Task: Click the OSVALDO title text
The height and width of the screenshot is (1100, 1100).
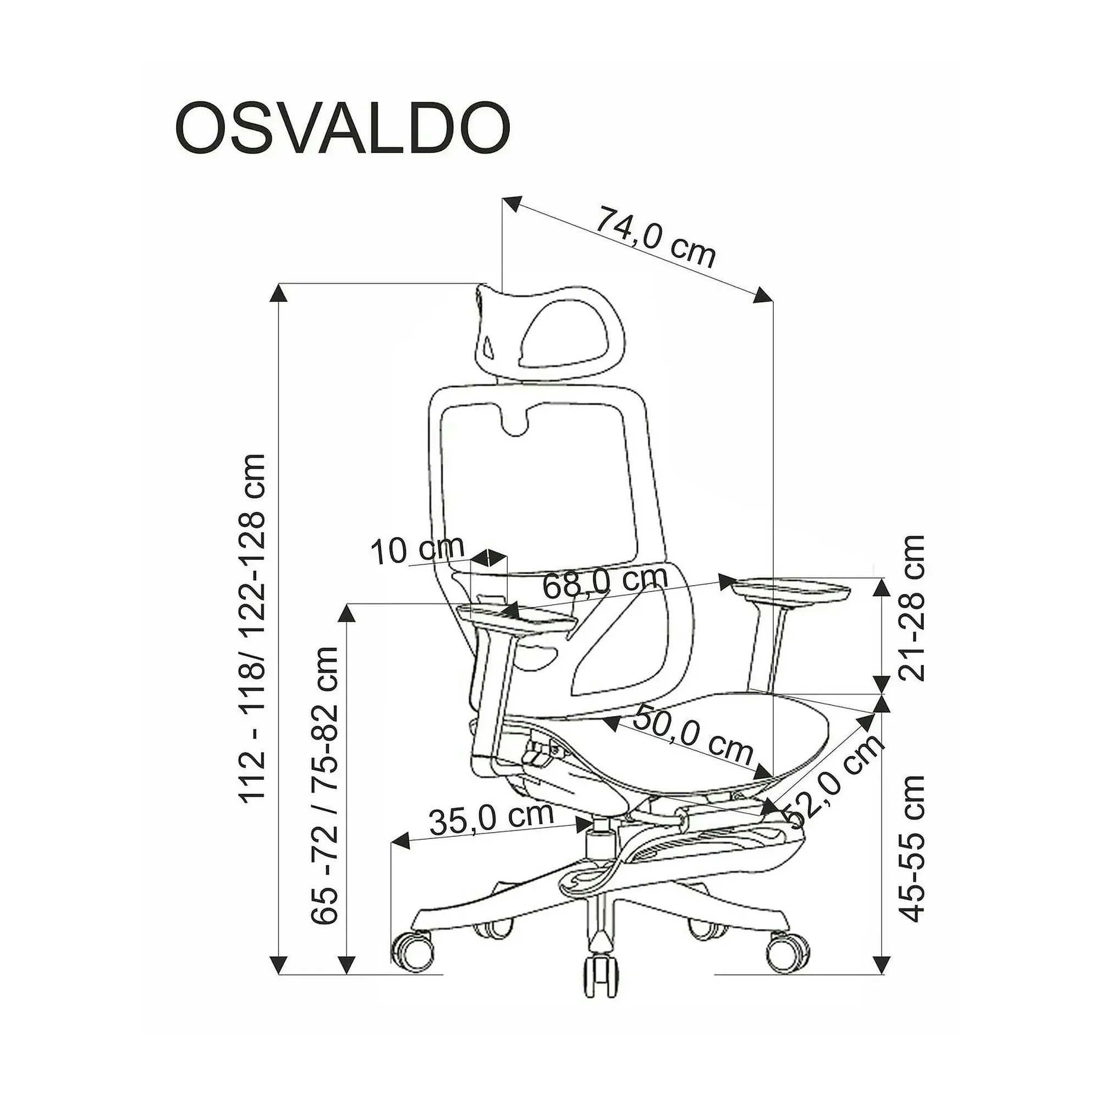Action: click(342, 128)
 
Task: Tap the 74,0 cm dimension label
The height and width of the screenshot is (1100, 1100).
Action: click(654, 238)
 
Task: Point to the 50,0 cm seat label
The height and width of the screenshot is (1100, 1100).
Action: click(693, 735)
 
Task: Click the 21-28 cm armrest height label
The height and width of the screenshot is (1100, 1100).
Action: click(910, 608)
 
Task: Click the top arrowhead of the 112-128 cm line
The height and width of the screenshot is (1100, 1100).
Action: click(278, 293)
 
